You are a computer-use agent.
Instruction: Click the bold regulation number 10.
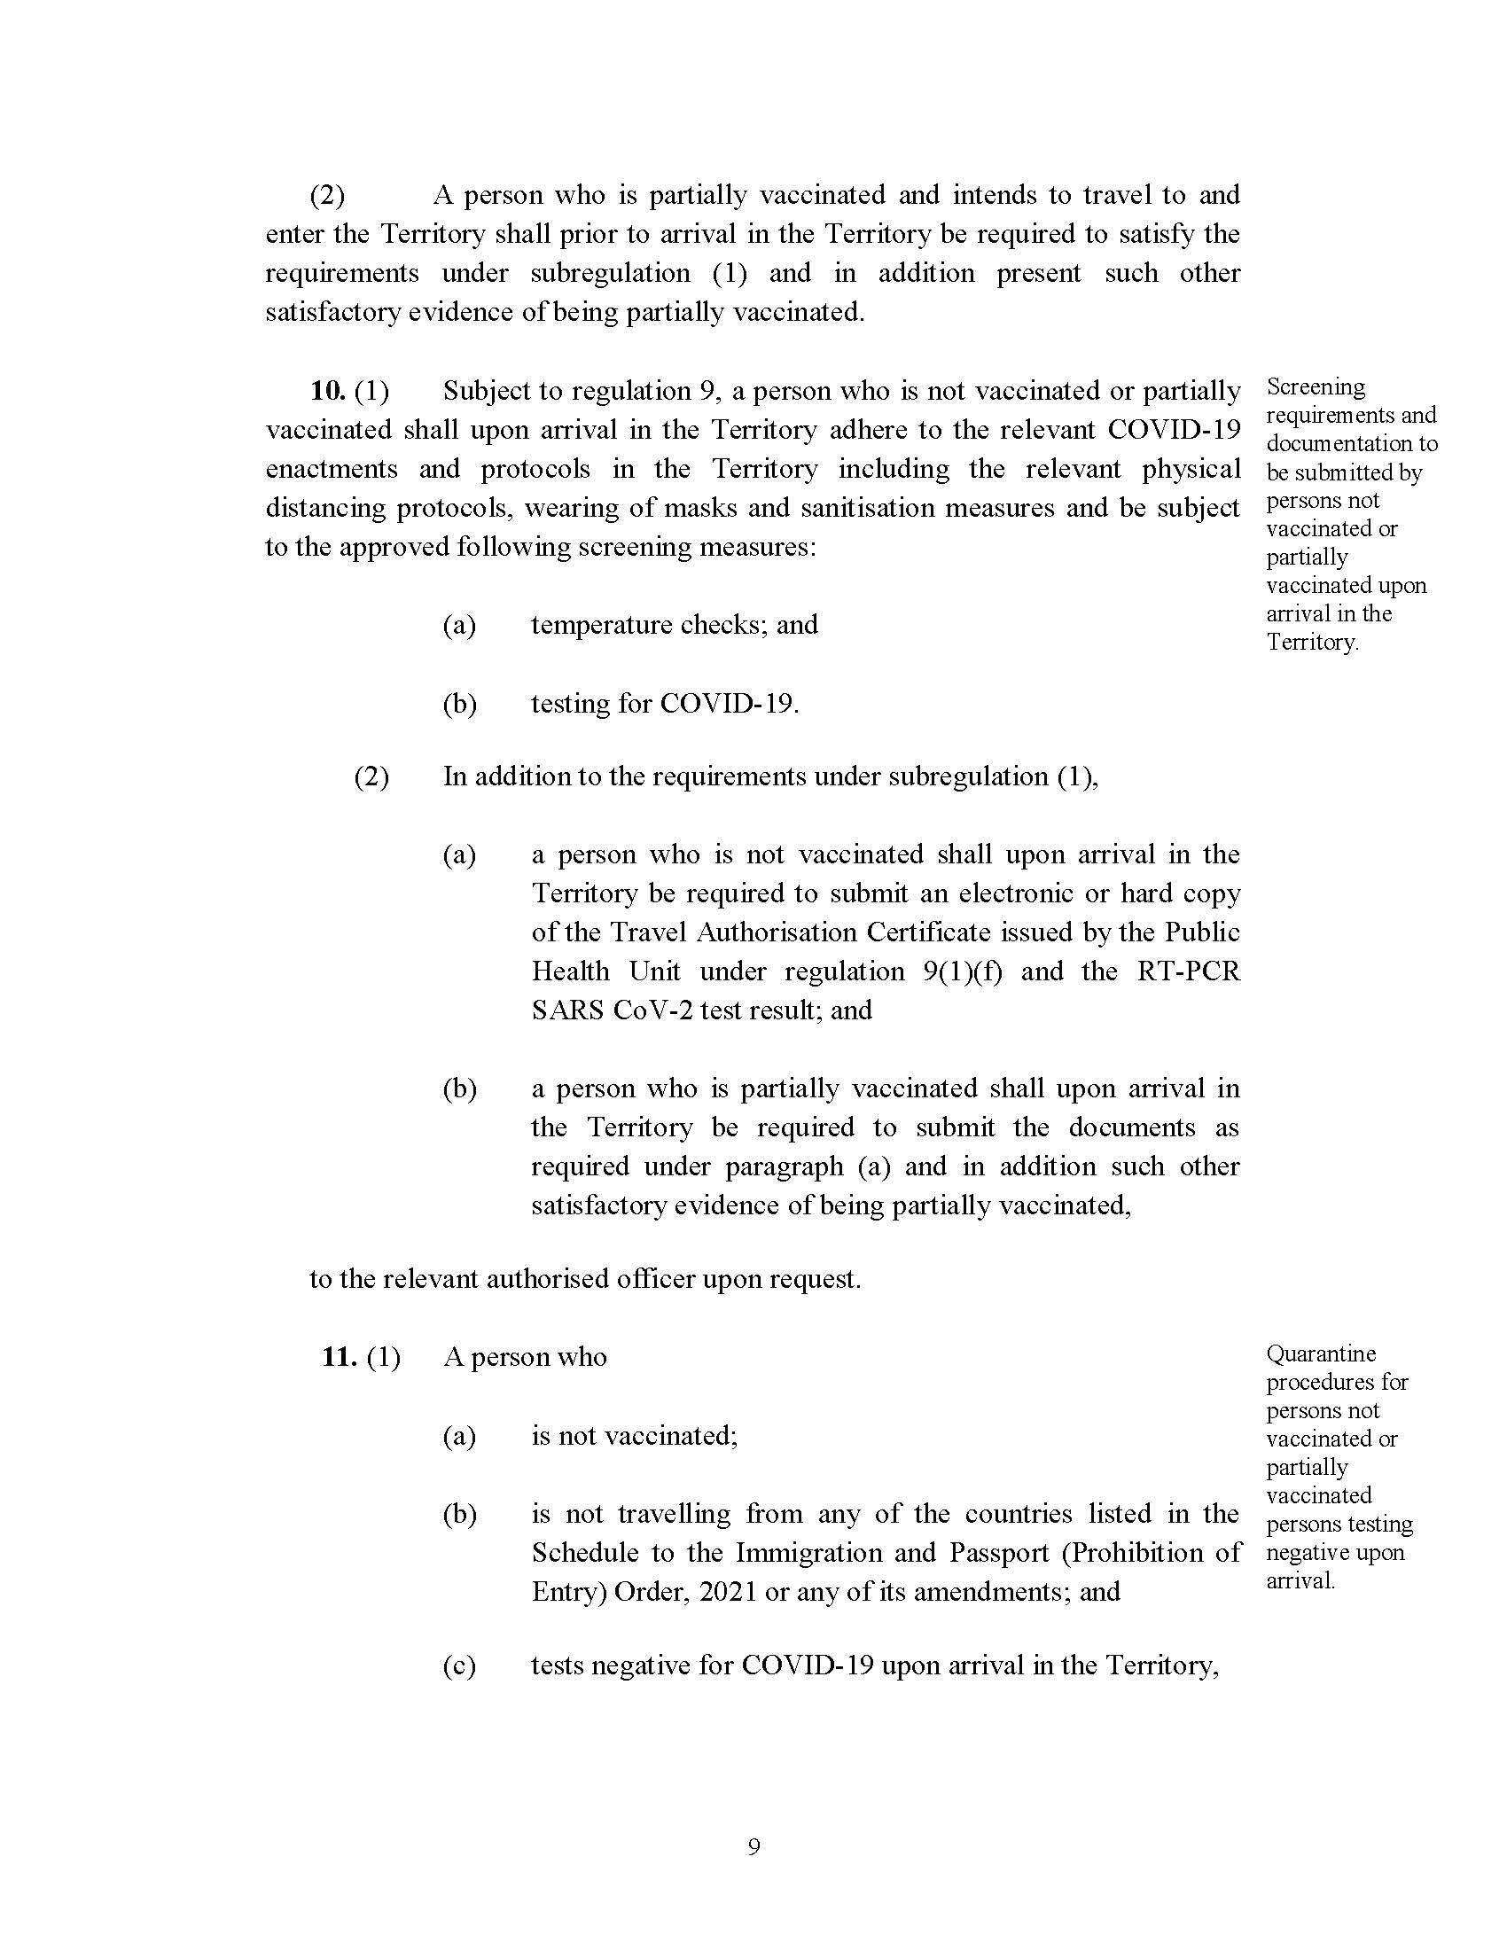click(x=327, y=391)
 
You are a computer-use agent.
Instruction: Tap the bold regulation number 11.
click(x=340, y=1357)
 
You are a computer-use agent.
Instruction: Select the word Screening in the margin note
click(x=1315, y=387)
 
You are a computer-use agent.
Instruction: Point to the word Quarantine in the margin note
click(x=1321, y=1353)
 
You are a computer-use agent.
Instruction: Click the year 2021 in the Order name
click(x=728, y=1592)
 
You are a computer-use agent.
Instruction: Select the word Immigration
click(x=809, y=1553)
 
